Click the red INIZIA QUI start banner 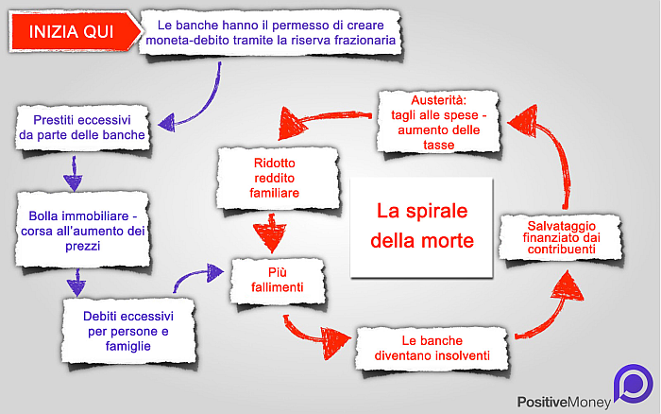click(75, 32)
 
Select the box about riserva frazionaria click(270, 33)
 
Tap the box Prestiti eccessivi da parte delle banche click(82, 128)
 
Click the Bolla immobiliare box click(83, 231)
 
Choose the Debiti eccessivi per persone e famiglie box click(128, 331)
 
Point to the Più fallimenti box click(278, 280)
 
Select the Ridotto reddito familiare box click(278, 178)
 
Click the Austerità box click(438, 122)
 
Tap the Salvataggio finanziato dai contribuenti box click(562, 237)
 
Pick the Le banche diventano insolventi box click(432, 349)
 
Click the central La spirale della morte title click(422, 226)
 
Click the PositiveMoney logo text click(564, 402)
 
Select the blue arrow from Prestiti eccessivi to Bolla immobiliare click(74, 174)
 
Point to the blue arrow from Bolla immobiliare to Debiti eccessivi click(76, 282)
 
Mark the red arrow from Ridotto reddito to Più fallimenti click(271, 233)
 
